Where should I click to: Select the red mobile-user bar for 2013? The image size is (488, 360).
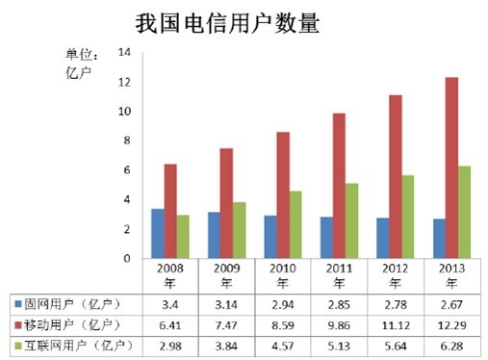point(452,167)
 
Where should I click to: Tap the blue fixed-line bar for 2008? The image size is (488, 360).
point(157,233)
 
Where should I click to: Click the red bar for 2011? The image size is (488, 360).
point(339,186)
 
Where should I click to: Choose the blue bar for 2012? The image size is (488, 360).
point(382,238)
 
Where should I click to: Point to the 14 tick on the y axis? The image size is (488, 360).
point(124,53)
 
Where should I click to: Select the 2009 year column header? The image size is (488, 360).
point(226,275)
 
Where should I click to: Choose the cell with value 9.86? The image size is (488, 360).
point(339,323)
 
